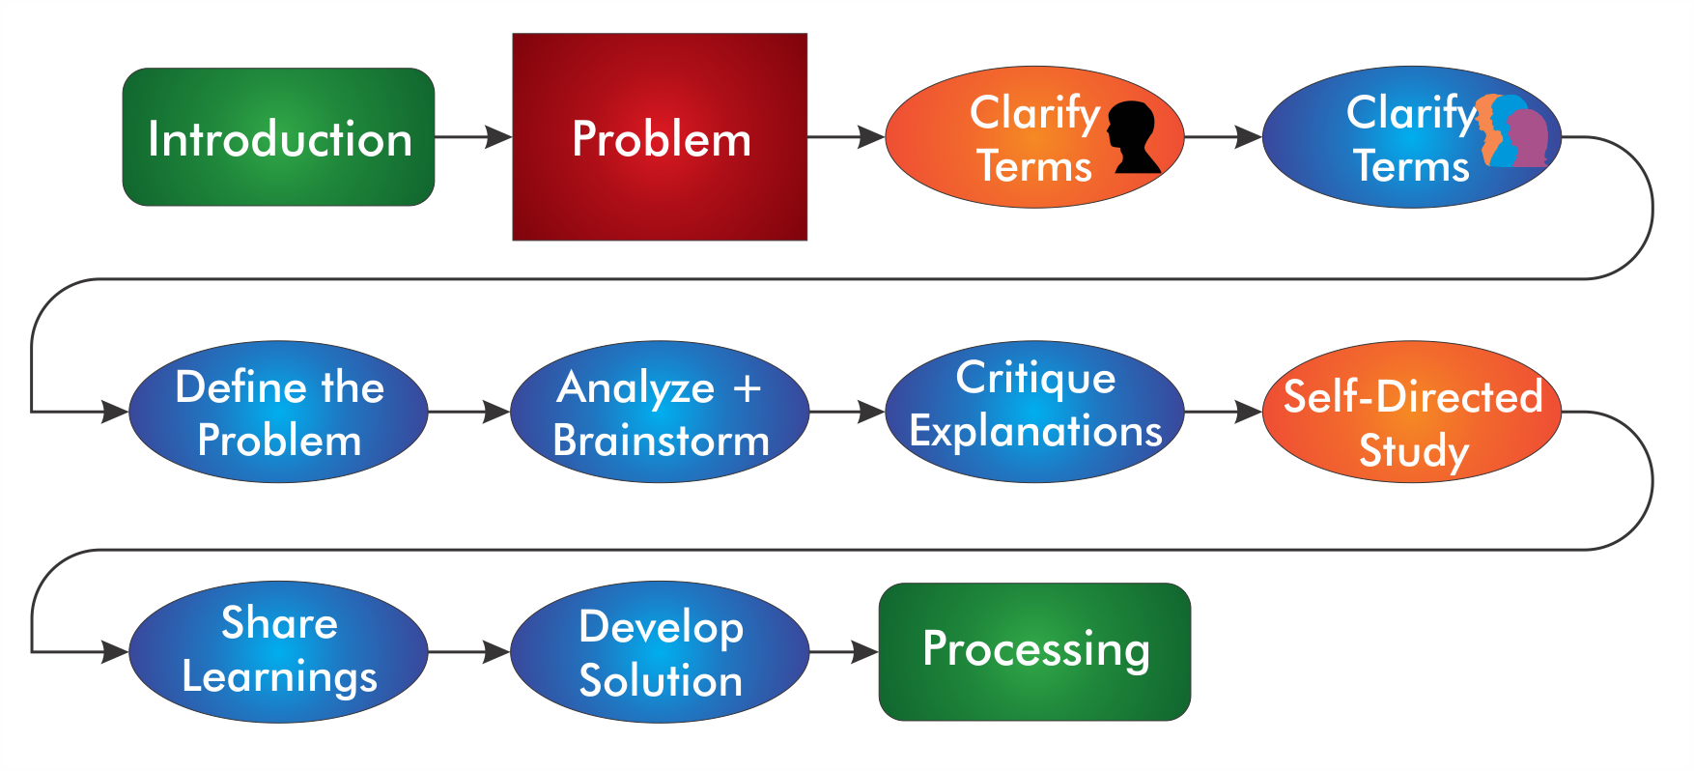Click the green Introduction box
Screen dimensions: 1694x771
click(x=278, y=137)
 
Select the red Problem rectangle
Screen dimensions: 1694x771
click(x=660, y=137)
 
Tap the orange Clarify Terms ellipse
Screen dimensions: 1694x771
click(x=1034, y=137)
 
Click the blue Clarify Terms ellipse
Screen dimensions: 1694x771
click(x=1412, y=137)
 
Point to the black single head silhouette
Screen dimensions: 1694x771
click(x=1135, y=137)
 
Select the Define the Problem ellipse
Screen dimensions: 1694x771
click(x=278, y=412)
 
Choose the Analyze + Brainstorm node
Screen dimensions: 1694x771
click(x=660, y=412)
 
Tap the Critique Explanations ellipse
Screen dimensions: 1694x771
click(x=1034, y=412)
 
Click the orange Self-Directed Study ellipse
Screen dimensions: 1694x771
click(x=1412, y=412)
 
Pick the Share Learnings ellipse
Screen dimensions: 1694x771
click(x=278, y=652)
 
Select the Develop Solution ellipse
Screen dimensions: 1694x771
click(x=660, y=652)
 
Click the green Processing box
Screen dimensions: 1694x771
click(x=1034, y=652)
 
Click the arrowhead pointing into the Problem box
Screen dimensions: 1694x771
click(x=498, y=137)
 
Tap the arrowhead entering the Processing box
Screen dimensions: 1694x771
click(x=865, y=652)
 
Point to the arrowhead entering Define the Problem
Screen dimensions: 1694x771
click(x=115, y=412)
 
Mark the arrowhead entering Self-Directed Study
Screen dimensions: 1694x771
click(x=1249, y=412)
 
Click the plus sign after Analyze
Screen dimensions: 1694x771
click(x=747, y=388)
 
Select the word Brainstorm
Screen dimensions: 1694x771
click(x=662, y=441)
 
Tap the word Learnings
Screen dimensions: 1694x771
click(x=279, y=677)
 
